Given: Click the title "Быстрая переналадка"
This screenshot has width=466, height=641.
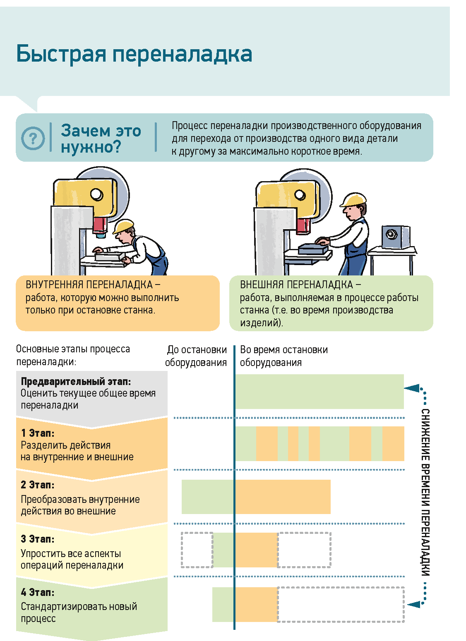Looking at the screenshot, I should [134, 54].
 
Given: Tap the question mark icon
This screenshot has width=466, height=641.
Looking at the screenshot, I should [33, 138].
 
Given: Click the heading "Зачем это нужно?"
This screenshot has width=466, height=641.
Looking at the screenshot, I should [101, 139].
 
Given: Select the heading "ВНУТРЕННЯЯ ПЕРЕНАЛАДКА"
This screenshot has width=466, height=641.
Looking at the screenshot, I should [89, 285].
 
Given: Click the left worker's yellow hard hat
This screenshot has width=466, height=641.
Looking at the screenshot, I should [123, 227].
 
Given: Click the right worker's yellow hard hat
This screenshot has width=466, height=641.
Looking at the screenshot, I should [353, 200].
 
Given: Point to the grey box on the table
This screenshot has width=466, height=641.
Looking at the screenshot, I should [395, 237].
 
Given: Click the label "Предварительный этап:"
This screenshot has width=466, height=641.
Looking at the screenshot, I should [76, 381].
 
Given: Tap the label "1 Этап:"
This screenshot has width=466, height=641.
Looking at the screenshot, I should [38, 433].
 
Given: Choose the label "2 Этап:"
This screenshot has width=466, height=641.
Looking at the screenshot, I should [38, 485].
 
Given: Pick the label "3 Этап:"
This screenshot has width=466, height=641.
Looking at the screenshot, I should [38, 539].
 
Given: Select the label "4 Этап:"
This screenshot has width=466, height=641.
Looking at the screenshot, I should [38, 592].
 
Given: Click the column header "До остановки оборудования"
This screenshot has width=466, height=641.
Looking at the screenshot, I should [196, 356].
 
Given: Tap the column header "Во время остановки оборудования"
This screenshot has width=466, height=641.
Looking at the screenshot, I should [283, 356].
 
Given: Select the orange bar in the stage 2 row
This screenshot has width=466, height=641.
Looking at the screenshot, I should [283, 497].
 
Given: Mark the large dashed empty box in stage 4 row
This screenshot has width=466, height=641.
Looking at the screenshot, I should [341, 604].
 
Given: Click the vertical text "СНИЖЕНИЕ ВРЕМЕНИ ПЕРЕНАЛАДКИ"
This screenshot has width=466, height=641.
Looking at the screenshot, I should [425, 492].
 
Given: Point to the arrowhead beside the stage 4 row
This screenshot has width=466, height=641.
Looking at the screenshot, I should [413, 604].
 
